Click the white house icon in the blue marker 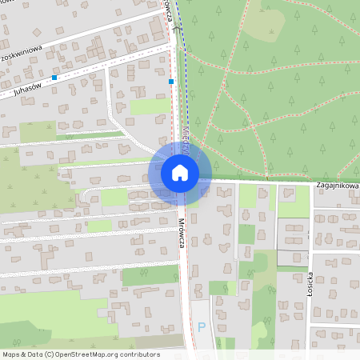(180, 172)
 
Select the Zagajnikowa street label (337, 186)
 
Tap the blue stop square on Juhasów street (54, 78)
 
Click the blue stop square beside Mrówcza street (171, 81)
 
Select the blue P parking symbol (202, 326)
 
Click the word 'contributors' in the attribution (136, 354)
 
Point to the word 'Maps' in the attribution (11, 354)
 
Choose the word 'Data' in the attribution (34, 354)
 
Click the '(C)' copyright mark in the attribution (50, 354)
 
